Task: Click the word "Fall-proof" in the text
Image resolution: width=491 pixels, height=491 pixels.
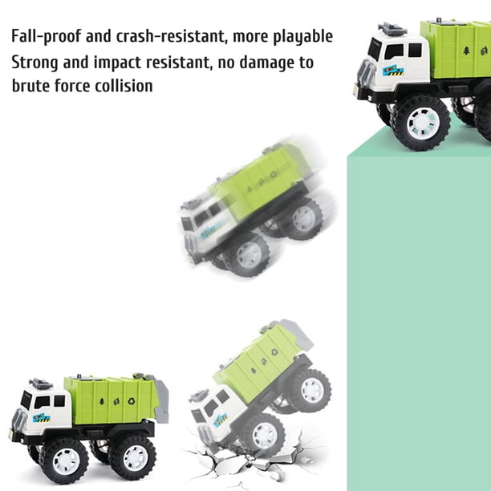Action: coord(46,36)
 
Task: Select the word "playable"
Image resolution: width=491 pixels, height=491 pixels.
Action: coord(302,37)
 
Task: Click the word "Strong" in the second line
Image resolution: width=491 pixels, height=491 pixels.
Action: coord(34,63)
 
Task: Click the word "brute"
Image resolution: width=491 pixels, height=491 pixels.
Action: coord(30,86)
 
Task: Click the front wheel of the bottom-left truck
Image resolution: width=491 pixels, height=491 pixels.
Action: coord(65,461)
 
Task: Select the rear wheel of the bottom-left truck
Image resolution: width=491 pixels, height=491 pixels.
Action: coord(132,458)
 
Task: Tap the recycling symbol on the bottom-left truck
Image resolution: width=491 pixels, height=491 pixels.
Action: coord(132,400)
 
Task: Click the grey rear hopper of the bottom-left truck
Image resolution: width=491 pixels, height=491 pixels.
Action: coord(160,400)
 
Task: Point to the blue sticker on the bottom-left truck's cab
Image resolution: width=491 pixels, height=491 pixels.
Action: coord(42,418)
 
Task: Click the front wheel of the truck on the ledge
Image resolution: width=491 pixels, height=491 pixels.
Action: coord(421,123)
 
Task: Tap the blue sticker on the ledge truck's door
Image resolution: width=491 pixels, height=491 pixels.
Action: coord(393,71)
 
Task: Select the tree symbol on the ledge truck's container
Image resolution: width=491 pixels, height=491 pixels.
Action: coord(466,51)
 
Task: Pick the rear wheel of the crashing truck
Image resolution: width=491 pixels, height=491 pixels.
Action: coord(311,390)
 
